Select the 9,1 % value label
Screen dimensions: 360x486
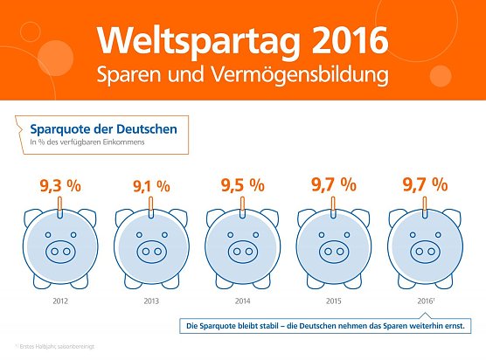coord(150,186)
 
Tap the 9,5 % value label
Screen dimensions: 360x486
coord(242,185)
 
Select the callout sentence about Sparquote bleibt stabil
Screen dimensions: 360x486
coord(334,326)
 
